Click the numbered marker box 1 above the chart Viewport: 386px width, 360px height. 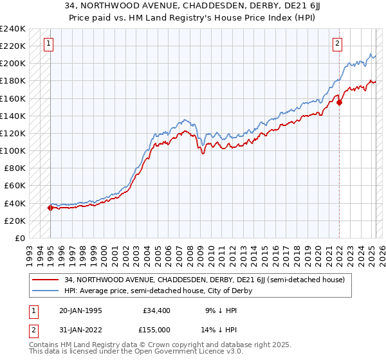click(49, 44)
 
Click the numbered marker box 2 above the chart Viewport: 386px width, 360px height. click(338, 44)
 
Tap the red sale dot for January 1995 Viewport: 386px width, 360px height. click(50, 208)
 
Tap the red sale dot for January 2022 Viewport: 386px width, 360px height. click(339, 102)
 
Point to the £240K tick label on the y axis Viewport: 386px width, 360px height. click(13, 28)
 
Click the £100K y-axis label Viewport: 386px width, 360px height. click(13, 150)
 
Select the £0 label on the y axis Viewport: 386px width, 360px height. click(19, 238)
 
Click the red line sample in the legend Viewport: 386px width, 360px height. click(46, 280)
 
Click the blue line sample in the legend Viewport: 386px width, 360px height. click(46, 291)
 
